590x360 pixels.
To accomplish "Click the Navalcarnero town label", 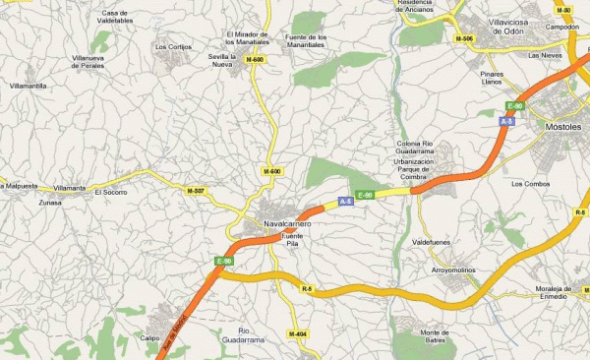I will click(x=287, y=224).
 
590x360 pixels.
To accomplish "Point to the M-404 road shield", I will click(x=298, y=334).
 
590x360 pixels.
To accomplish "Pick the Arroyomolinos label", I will click(x=453, y=269).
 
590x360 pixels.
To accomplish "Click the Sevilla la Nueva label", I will click(x=224, y=62).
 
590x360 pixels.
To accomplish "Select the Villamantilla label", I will click(x=29, y=87).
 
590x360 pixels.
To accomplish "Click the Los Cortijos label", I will click(x=174, y=46).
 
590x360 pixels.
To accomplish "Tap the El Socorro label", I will click(x=110, y=192).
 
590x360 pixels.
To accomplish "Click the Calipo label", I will click(x=150, y=337).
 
